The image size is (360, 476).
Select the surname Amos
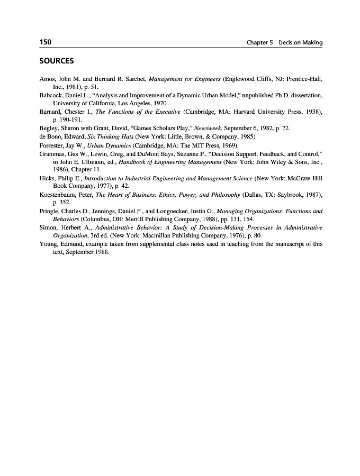pos(48,78)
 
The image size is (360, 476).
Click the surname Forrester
pos(53,145)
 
